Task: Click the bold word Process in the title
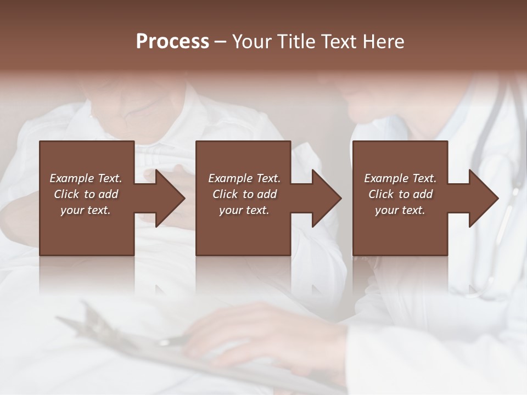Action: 172,42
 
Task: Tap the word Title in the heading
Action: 295,42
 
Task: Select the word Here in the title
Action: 384,42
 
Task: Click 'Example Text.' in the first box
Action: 86,178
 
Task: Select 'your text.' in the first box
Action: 86,210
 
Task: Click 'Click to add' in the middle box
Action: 244,194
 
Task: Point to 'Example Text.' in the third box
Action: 400,178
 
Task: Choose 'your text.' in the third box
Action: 400,210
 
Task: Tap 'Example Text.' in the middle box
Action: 244,178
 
